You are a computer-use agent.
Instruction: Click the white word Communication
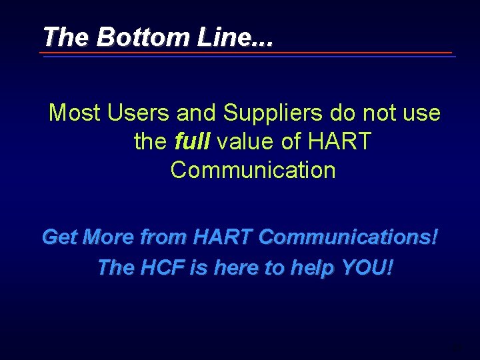point(253,171)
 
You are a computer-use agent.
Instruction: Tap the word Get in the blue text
point(59,237)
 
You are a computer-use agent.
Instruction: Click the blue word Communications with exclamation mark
point(349,237)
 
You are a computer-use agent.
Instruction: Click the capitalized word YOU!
point(367,267)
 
